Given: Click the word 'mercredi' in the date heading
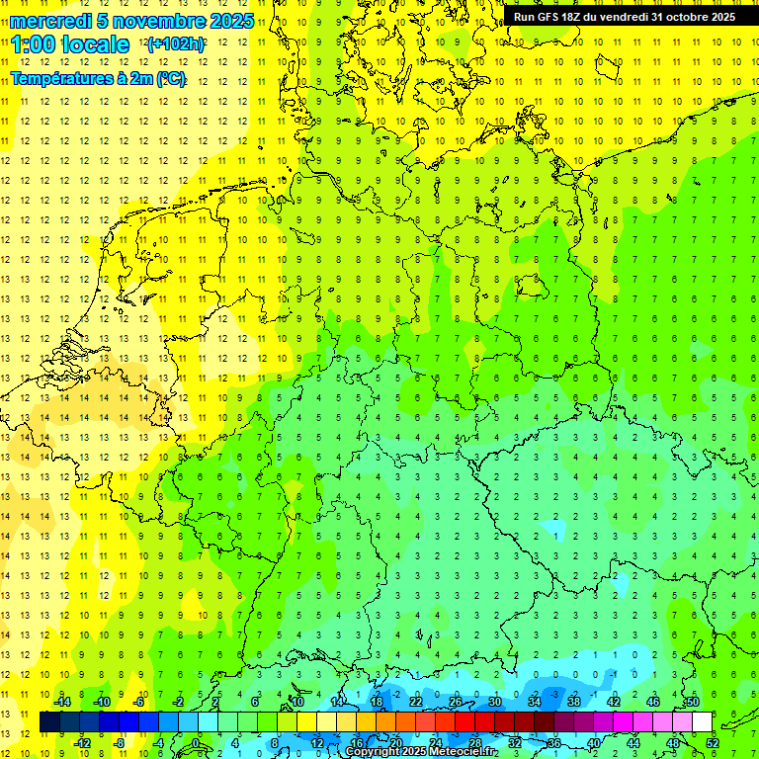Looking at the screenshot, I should point(50,21).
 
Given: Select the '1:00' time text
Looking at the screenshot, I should point(31,44).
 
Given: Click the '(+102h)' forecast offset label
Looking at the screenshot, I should point(176,44).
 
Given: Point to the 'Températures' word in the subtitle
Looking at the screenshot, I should point(62,78).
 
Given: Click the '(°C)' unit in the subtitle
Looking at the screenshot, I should point(168,78).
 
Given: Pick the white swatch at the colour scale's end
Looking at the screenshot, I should point(702,722).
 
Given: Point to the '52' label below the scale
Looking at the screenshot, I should point(712,742).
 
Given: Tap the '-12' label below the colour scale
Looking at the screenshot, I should point(82,742).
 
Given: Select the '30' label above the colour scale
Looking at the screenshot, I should point(494,702).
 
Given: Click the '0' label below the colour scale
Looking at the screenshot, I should point(196,742).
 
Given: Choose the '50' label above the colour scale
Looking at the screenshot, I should point(692,702).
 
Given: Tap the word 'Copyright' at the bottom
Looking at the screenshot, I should point(373,752).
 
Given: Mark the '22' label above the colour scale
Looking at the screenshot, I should point(416,702).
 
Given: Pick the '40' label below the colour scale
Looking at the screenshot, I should point(593,742).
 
